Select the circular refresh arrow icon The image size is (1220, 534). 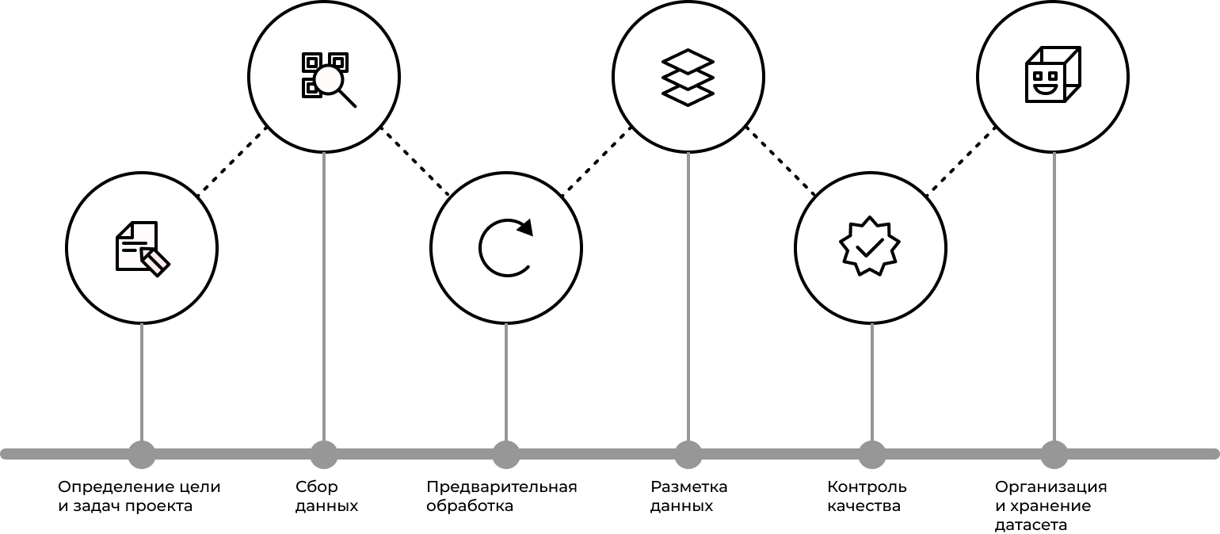tap(506, 248)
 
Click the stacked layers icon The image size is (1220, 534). tap(688, 77)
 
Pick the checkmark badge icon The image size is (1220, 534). tap(871, 246)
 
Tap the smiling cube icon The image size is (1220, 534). tap(1053, 75)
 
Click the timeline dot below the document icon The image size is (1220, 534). tap(142, 455)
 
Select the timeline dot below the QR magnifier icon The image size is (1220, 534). tap(324, 455)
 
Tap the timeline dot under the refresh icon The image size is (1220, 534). tap(506, 455)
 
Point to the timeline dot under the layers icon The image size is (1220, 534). tap(688, 455)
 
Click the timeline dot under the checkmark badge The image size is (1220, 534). tap(872, 455)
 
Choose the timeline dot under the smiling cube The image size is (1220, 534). tap(1054, 455)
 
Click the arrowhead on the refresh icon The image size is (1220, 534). tap(526, 227)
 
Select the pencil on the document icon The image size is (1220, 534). tap(155, 261)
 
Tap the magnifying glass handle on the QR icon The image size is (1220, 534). tap(348, 99)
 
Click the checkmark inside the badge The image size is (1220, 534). tap(870, 248)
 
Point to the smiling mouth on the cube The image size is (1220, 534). tap(1046, 89)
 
